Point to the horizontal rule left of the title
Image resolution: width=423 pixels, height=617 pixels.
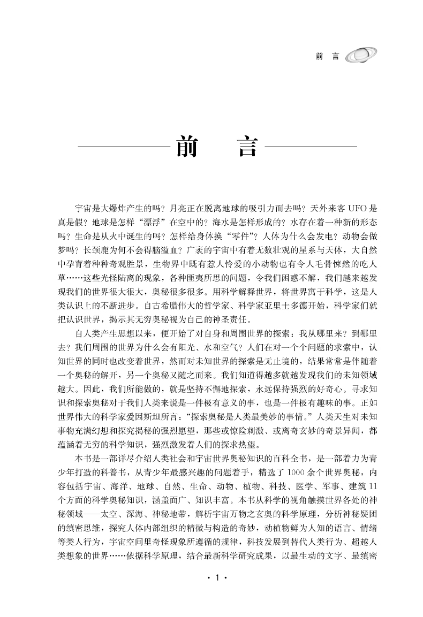point(123,146)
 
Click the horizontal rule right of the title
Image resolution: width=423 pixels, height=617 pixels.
point(311,146)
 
